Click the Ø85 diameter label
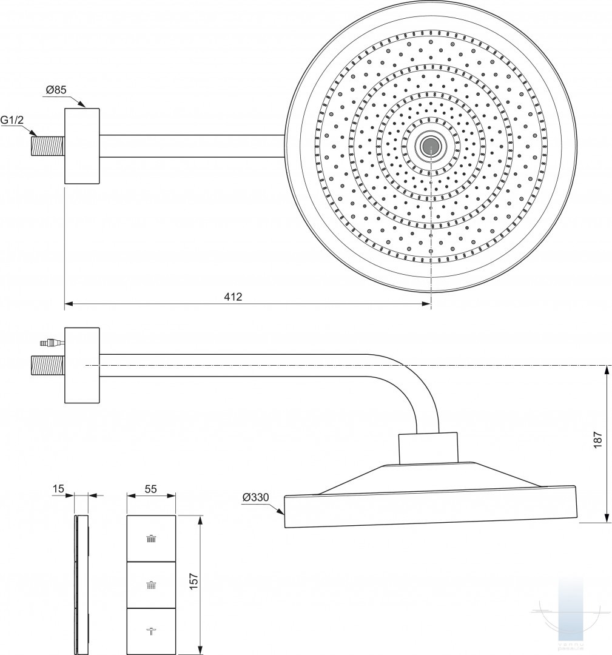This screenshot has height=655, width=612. [56, 91]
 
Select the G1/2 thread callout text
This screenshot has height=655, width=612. [12, 121]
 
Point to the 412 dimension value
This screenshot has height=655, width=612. [233, 297]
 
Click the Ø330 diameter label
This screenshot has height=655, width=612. [255, 497]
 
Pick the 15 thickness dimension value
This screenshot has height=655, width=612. [58, 489]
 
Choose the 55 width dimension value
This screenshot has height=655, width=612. [152, 489]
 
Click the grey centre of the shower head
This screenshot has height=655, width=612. [431, 146]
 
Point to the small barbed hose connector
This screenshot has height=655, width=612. [47, 343]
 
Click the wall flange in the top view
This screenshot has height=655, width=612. [82, 146]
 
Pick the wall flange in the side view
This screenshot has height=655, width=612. [82, 365]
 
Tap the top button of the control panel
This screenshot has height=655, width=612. [151, 539]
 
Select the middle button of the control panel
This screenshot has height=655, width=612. [151, 585]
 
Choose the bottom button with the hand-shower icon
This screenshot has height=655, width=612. [151, 631]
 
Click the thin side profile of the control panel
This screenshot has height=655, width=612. [82, 585]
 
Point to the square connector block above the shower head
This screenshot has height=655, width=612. [428, 448]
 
